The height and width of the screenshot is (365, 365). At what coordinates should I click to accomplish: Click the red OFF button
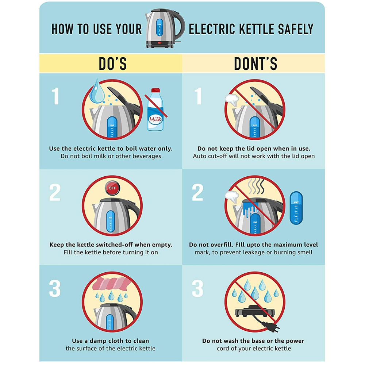click(x=112, y=188)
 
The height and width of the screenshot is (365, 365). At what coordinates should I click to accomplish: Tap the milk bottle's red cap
click(x=155, y=90)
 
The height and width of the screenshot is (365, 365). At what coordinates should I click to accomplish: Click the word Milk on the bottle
click(x=155, y=120)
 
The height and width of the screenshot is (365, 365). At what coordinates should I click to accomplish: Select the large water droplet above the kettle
click(x=97, y=92)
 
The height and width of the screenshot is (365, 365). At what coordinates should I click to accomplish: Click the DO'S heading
click(x=113, y=64)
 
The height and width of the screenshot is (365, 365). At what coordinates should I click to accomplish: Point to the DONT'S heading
click(x=255, y=64)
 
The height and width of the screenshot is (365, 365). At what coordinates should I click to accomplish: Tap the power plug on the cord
click(x=271, y=326)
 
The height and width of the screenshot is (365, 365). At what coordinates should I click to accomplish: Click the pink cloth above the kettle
click(x=112, y=284)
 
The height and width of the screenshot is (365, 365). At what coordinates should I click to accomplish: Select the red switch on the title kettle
click(x=160, y=43)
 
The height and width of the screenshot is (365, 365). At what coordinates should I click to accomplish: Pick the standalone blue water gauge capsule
click(x=296, y=208)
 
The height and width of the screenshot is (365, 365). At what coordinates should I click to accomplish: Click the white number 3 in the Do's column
click(x=55, y=288)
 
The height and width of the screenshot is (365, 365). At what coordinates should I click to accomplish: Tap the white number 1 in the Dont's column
click(x=198, y=96)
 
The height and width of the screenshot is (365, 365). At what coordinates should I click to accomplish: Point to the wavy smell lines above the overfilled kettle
click(x=256, y=186)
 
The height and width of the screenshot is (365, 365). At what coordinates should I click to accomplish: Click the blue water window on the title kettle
click(x=160, y=27)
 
